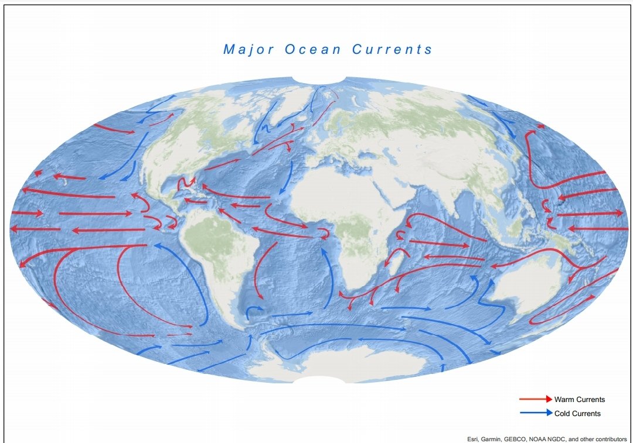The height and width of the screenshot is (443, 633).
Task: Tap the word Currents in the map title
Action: tap(392, 49)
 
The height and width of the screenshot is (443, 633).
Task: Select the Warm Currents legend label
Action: tap(579, 400)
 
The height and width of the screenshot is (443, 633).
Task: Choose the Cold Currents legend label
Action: tap(577, 414)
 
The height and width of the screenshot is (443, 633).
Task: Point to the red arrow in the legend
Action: tap(535, 400)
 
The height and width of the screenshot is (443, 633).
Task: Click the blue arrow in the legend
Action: tap(535, 413)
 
